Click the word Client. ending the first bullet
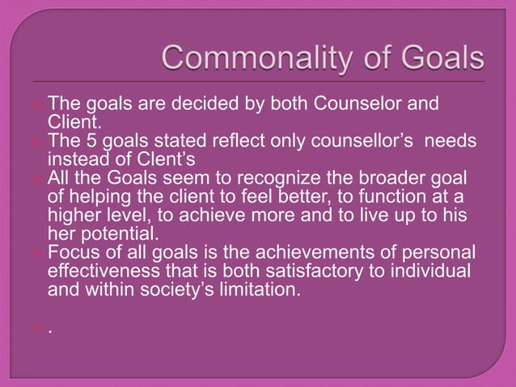point(76,122)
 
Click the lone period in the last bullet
point(51,330)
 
